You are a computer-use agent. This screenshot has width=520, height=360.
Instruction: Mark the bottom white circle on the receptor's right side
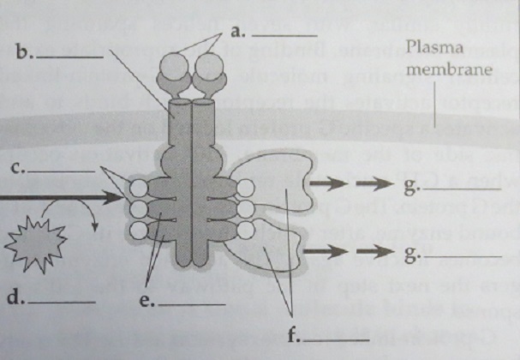pyautogui.click(x=243, y=231)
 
